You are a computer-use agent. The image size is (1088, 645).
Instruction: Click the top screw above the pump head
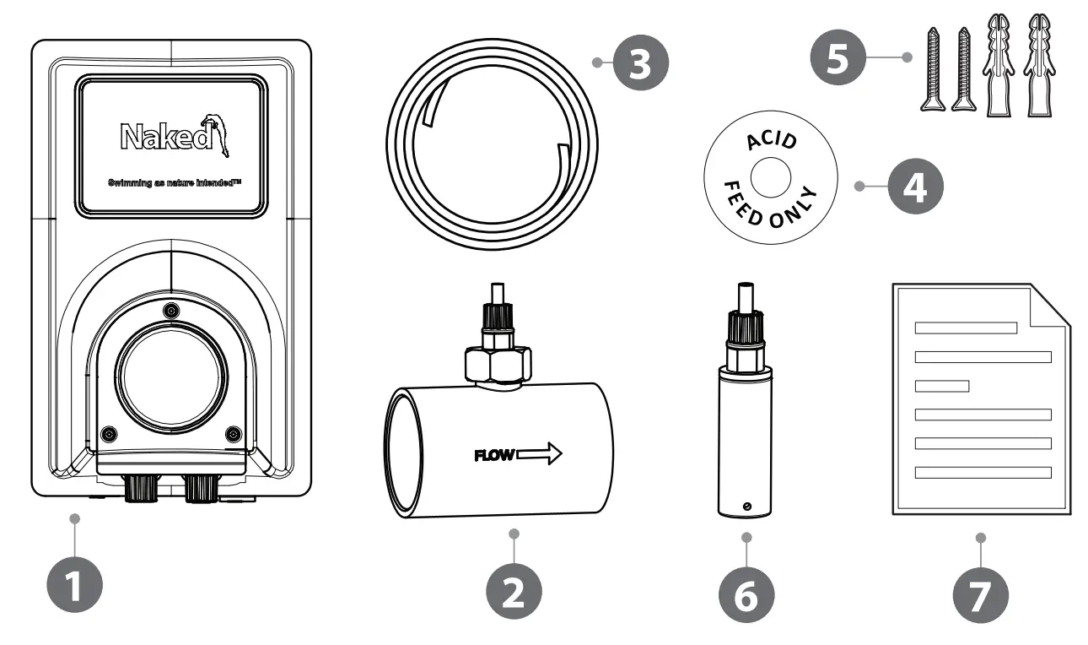point(171,310)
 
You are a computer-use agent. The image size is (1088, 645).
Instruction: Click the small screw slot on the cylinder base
point(746,505)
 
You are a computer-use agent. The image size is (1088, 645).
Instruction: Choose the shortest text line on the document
point(942,387)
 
